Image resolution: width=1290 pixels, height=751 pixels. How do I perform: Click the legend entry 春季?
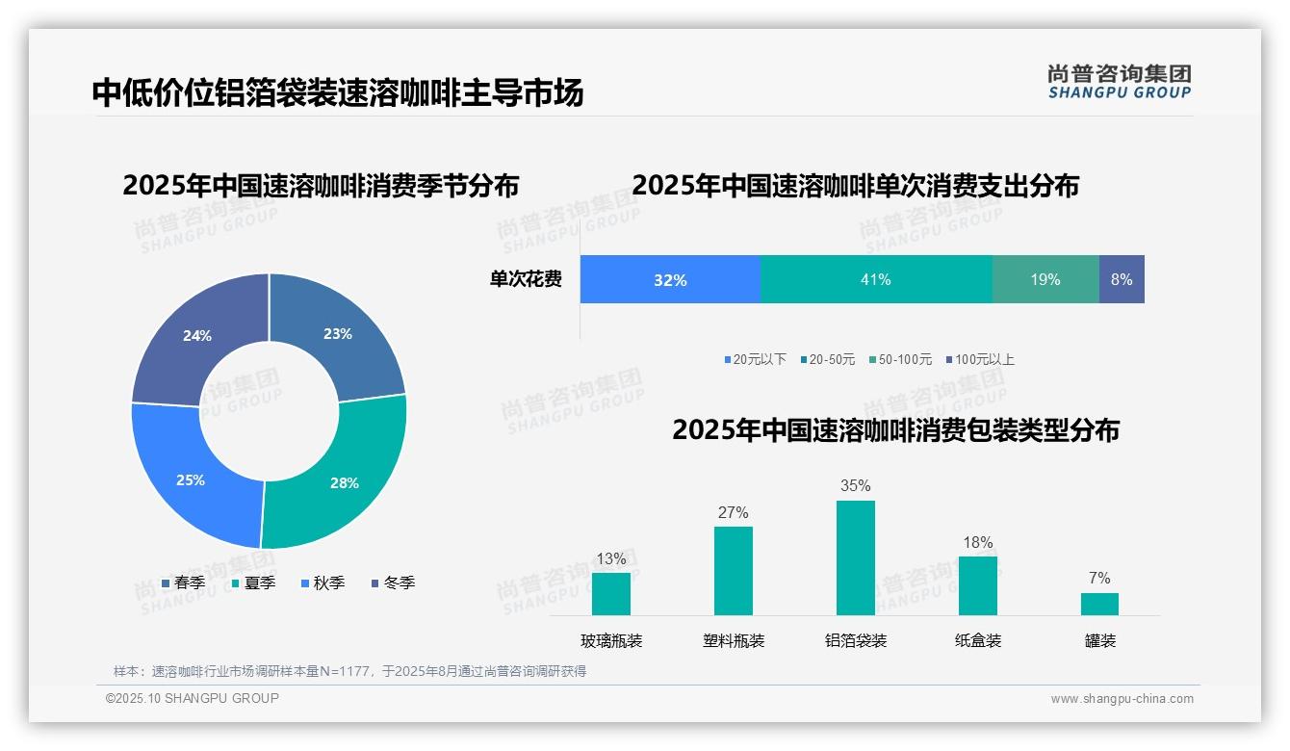183,583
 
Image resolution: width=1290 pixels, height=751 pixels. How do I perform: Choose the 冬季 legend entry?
392,583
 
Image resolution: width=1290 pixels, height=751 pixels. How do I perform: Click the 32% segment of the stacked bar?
670,279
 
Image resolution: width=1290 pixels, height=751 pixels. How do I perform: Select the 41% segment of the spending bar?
876,279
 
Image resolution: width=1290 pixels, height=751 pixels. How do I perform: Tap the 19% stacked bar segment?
1045,279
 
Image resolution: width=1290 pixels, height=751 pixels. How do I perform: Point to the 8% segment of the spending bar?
1122,279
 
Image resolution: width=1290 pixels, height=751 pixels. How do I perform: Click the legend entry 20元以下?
756,359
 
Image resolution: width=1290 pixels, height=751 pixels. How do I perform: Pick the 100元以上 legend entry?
980,359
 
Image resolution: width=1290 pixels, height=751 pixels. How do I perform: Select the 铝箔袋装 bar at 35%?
856,557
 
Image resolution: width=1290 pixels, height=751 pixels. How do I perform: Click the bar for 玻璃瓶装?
611,593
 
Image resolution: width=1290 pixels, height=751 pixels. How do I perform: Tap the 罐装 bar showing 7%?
1099,604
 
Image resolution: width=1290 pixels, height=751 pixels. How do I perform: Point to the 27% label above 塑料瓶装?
734,512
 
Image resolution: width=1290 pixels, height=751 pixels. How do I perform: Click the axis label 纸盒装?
978,640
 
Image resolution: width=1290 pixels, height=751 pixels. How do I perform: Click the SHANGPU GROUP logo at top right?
1120,81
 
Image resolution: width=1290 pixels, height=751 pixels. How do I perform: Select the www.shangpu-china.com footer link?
1122,699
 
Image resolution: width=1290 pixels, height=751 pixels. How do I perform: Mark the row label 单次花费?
526,280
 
